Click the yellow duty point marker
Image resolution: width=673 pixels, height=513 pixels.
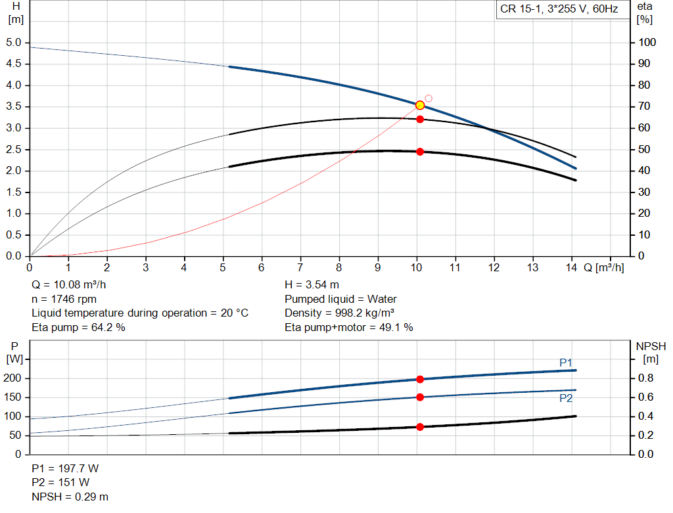pyautogui.click(x=420, y=105)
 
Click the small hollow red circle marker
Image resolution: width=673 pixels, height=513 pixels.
pyautogui.click(x=429, y=99)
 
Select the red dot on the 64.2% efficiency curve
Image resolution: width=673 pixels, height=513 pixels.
pyautogui.click(x=420, y=119)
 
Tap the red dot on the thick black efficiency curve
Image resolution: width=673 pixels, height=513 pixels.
pyautogui.click(x=420, y=152)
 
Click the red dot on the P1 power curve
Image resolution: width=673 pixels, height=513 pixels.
pyautogui.click(x=420, y=379)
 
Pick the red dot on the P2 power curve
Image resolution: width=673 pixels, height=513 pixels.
pyautogui.click(x=420, y=397)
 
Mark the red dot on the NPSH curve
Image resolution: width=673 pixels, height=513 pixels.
pyautogui.click(x=420, y=427)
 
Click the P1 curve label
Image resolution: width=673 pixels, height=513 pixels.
pyautogui.click(x=566, y=363)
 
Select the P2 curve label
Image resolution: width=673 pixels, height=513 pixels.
pyautogui.click(x=566, y=398)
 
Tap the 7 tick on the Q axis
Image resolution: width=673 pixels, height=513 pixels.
pyautogui.click(x=300, y=268)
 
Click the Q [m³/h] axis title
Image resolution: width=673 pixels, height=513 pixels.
pyautogui.click(x=603, y=268)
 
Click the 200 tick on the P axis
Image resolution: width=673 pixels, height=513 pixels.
pyautogui.click(x=14, y=378)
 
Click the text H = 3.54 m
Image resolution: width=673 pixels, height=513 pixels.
pyautogui.click(x=312, y=285)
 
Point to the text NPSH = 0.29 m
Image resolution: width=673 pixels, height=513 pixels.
pyautogui.click(x=70, y=497)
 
